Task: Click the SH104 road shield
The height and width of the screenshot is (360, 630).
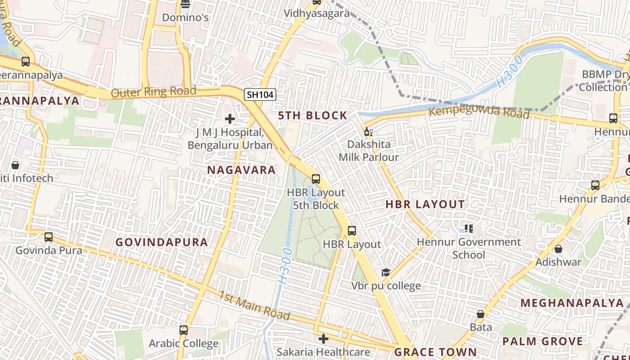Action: coord(260,94)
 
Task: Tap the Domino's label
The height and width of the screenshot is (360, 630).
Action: coord(185,18)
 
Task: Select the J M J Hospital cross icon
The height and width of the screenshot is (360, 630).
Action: coord(230,119)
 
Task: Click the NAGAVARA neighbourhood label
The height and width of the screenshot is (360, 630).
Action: coord(241,170)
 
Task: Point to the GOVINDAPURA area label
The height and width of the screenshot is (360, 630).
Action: coord(162,242)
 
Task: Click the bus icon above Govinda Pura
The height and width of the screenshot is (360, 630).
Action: coord(49,237)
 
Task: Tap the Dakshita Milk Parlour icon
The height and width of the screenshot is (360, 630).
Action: coord(368,132)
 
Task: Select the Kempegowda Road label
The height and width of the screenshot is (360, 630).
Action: coord(479,111)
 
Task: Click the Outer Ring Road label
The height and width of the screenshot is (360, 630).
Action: coord(153,92)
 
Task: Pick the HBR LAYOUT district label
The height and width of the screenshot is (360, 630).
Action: coord(425,204)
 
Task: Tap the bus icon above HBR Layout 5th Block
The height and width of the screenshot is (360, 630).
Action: coord(316,179)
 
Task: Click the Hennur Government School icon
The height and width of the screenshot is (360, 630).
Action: coord(469,229)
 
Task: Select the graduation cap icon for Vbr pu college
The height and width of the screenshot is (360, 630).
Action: coord(386,272)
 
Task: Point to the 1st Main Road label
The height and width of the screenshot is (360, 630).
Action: coord(254,305)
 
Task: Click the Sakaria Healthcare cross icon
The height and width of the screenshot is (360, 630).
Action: coord(323,338)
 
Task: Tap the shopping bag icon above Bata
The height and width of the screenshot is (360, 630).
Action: coord(481,314)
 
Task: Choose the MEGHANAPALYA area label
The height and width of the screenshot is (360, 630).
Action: coord(572,303)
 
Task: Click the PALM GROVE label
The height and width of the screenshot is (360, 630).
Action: coord(542,341)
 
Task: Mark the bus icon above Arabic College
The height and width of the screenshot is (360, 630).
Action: coord(183,330)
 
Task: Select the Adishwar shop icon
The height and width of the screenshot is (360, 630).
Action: coord(558,248)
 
